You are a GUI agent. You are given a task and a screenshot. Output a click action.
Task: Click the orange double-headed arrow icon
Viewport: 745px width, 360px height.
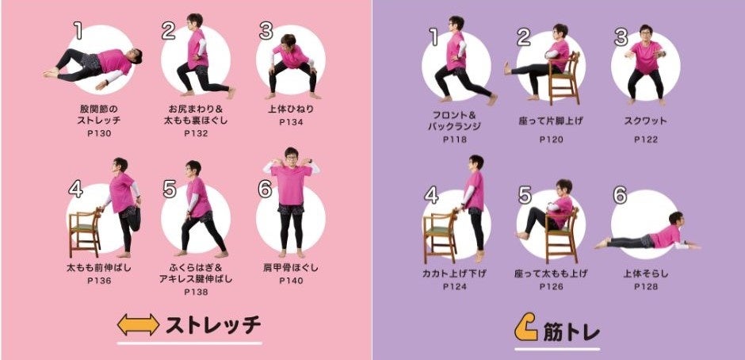click(x=138, y=325)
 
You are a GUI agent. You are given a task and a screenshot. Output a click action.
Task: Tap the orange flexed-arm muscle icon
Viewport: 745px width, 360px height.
click(x=525, y=327)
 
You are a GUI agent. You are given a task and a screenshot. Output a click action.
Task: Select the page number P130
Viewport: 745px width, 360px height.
click(x=99, y=134)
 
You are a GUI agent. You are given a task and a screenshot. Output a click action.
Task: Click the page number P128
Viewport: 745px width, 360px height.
click(x=646, y=287)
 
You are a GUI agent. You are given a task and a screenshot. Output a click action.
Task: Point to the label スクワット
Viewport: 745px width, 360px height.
click(x=646, y=121)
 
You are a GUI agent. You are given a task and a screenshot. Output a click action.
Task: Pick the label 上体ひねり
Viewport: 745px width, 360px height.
click(x=291, y=109)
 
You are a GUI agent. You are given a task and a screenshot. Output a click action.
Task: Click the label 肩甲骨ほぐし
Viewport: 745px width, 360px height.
click(x=291, y=268)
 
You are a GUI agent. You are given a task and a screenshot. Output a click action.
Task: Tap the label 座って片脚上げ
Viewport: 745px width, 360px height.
click(x=551, y=121)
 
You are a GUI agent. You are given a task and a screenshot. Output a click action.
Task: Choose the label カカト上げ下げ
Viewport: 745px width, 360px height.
click(x=454, y=274)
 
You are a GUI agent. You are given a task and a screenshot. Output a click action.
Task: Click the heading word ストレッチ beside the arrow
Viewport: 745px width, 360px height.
click(x=213, y=325)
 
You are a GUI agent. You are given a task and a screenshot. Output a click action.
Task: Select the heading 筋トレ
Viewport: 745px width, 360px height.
click(x=571, y=332)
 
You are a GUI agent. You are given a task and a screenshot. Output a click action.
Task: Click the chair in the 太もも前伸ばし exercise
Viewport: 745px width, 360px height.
click(x=86, y=232)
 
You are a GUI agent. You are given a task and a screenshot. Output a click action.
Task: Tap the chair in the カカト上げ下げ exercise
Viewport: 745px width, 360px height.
click(x=440, y=237)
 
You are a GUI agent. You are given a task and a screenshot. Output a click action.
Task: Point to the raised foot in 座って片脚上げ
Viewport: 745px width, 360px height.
click(x=507, y=68)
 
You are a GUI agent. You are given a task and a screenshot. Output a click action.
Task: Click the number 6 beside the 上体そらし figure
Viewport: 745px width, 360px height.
click(x=620, y=195)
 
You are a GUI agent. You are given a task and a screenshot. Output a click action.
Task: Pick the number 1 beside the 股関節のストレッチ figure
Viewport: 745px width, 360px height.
click(x=78, y=30)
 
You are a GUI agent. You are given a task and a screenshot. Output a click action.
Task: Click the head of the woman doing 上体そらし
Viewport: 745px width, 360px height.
click(x=677, y=219)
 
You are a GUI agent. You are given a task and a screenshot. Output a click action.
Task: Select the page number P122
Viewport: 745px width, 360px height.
click(x=646, y=140)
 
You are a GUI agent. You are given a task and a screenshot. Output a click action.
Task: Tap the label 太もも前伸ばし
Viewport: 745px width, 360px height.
click(x=99, y=268)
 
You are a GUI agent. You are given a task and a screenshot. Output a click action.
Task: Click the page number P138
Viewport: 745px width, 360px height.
click(x=197, y=292)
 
